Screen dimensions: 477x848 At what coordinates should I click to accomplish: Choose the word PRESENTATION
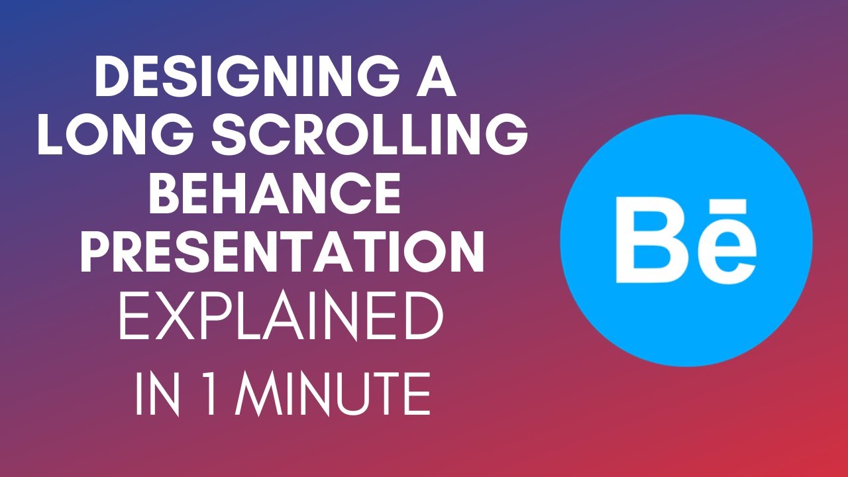(282, 252)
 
